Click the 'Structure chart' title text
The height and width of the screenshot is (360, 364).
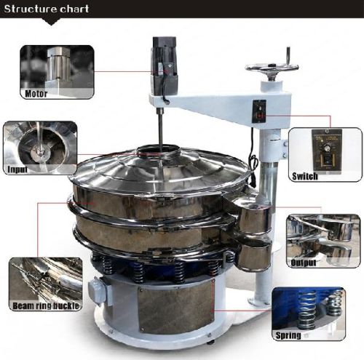pyautogui.click(x=47, y=9)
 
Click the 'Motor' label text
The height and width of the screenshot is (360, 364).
pyautogui.click(x=37, y=94)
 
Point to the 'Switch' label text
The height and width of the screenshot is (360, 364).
pyautogui.click(x=304, y=177)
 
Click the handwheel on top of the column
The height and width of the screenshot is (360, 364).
pyautogui.click(x=271, y=68)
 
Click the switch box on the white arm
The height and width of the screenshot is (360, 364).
pyautogui.click(x=257, y=111)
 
